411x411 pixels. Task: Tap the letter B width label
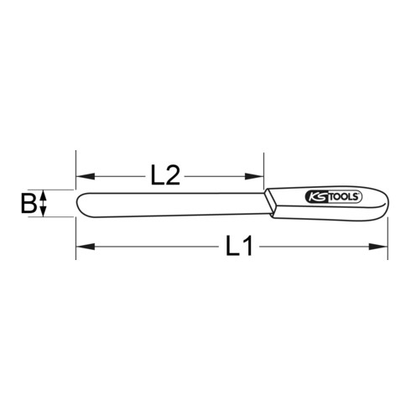pos(28,204)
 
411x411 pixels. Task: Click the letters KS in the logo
pos(315,198)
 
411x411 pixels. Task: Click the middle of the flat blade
pos(172,204)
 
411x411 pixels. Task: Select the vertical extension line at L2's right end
pos(263,168)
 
